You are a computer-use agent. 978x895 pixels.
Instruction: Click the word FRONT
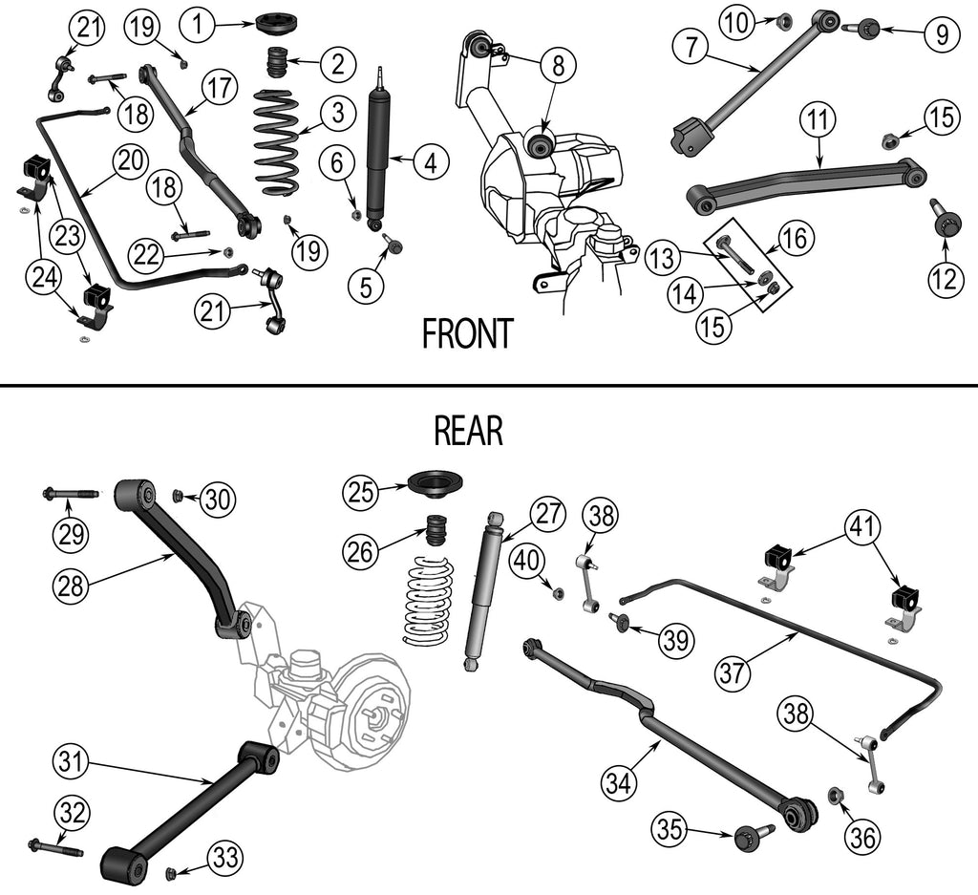tap(468, 334)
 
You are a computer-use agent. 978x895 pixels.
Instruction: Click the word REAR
tap(468, 431)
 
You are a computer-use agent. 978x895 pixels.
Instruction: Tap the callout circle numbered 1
tap(198, 24)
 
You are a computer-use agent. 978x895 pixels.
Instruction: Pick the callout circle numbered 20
tap(130, 161)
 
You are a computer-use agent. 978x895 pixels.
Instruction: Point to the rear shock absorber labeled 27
tap(482, 592)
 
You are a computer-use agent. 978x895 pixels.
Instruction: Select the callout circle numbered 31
tap(72, 762)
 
